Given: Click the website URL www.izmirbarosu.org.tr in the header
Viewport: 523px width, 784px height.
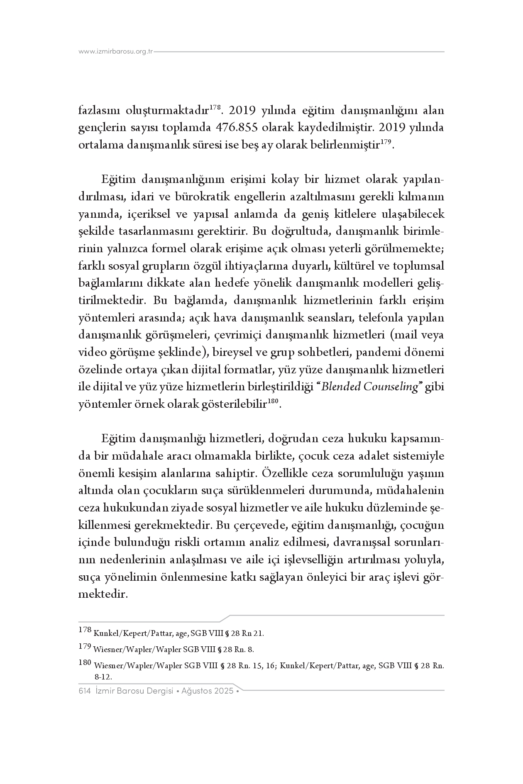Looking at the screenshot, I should click(116, 52).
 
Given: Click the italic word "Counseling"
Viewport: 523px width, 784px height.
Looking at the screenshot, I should click(392, 387).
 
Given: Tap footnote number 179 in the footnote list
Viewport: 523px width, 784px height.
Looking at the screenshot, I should click(85, 646).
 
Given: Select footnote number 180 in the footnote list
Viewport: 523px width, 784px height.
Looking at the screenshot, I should click(85, 663).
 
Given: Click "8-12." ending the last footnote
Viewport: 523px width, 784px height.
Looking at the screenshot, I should click(104, 676).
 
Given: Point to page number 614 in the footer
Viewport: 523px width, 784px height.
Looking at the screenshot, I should click(84, 691).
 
